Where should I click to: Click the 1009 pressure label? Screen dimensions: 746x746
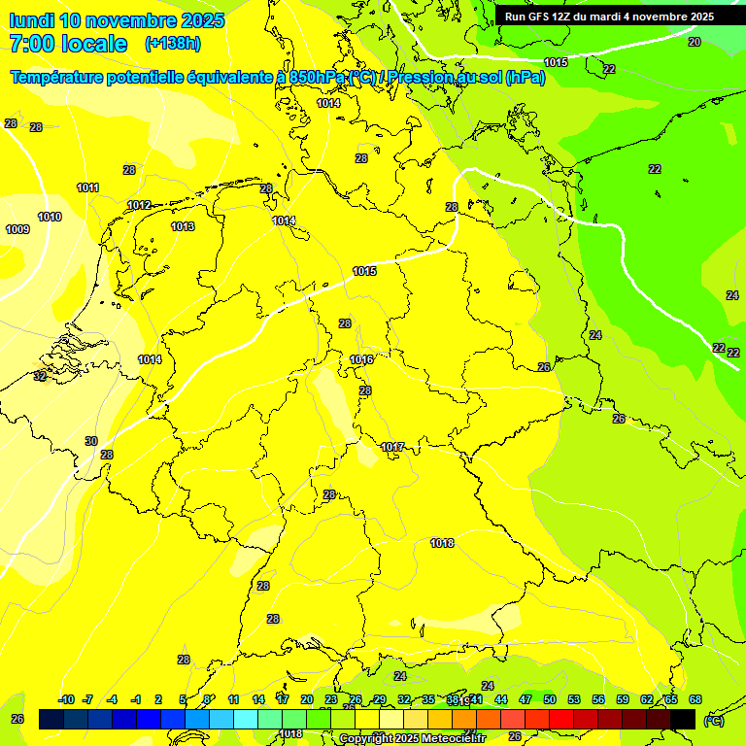click(x=17, y=229)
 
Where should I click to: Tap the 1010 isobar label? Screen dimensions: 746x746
click(x=50, y=217)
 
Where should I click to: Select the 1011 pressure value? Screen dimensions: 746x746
click(x=88, y=187)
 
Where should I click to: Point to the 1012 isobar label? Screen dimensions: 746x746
click(x=139, y=205)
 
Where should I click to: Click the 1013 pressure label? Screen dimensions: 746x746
click(x=183, y=226)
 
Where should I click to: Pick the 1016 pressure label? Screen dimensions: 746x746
click(x=361, y=359)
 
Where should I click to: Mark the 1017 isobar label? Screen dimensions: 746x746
click(x=392, y=447)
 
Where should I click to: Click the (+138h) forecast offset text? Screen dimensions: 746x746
click(x=173, y=44)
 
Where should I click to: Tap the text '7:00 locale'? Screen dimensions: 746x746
click(x=68, y=44)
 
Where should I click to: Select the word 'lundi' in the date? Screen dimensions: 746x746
click(x=31, y=20)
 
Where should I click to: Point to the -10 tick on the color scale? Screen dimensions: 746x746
click(x=66, y=699)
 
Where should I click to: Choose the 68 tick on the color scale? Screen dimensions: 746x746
click(x=695, y=699)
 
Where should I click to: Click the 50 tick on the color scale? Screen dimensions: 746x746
click(x=550, y=699)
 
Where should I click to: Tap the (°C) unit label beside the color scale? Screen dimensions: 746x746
click(x=714, y=720)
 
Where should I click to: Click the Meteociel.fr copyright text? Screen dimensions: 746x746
click(x=412, y=739)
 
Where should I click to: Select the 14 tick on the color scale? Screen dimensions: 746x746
click(x=258, y=699)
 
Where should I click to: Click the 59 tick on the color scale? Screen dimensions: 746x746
click(x=623, y=699)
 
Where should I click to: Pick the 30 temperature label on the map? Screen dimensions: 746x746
click(x=91, y=441)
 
